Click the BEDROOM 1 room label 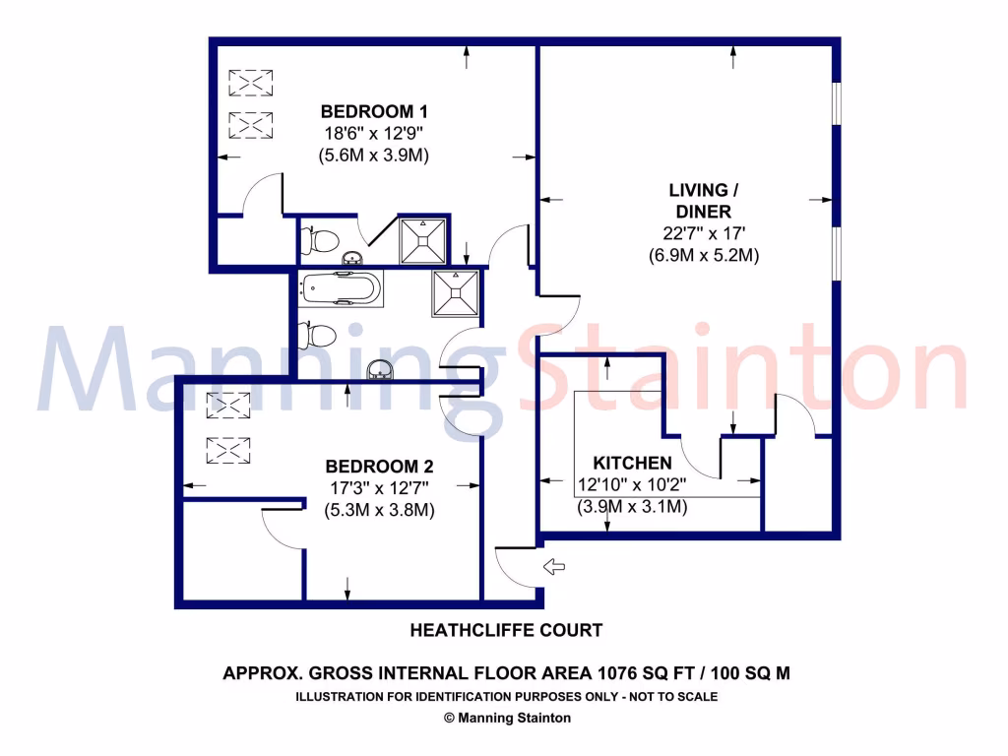(x=374, y=110)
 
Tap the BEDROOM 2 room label (x=379, y=467)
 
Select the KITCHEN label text (x=632, y=463)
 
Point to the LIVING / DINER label (x=698, y=200)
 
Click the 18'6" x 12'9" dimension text (x=374, y=133)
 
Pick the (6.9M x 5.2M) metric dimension (x=703, y=255)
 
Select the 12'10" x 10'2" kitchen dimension (x=632, y=484)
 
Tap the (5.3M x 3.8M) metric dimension (x=379, y=510)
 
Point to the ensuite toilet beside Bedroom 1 (x=321, y=239)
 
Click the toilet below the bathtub (x=320, y=335)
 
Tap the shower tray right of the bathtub (x=455, y=292)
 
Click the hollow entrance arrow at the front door (x=555, y=566)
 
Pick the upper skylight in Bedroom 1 (x=250, y=82)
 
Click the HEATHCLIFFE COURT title (x=505, y=630)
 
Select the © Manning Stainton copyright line (x=507, y=718)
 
